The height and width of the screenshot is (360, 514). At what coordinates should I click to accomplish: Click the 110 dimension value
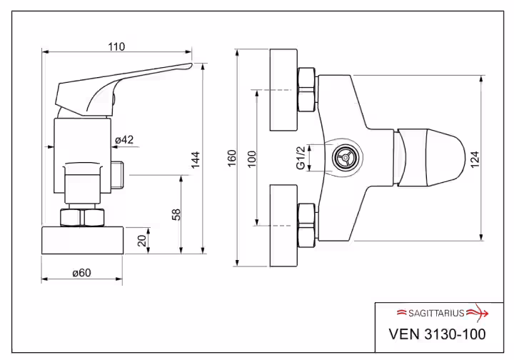tap(116, 47)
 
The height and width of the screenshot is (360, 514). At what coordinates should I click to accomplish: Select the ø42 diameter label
tap(124, 140)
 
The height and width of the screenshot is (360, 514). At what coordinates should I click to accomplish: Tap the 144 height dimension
tap(196, 160)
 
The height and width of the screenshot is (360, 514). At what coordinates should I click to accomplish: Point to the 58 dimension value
tap(176, 215)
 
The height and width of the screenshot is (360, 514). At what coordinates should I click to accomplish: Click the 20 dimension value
tap(142, 241)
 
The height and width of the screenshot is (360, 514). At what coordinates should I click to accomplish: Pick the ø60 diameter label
tap(81, 273)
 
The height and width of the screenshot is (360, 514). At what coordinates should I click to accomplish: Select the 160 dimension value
tap(232, 158)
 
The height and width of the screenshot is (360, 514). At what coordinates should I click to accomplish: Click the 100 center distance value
tap(251, 159)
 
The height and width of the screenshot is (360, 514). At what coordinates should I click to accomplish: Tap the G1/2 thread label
tap(301, 158)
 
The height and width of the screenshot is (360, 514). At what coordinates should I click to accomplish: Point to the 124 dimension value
tap(475, 160)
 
